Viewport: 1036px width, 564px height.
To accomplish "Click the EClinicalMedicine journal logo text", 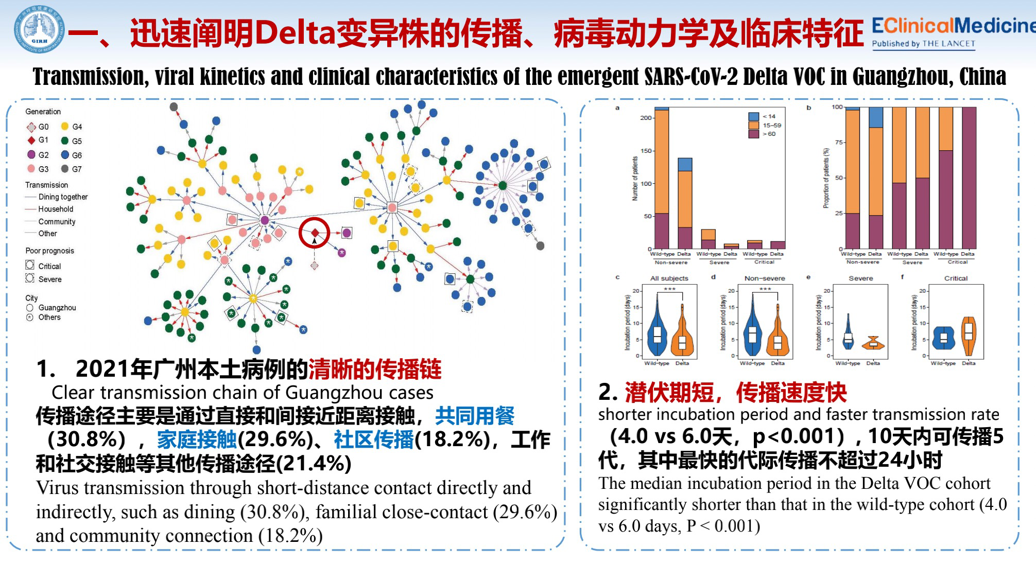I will (953, 26).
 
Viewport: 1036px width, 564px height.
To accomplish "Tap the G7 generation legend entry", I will (71, 169).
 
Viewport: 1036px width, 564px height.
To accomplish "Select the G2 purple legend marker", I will (31, 155).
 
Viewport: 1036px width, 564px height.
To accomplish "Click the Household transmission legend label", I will (56, 209).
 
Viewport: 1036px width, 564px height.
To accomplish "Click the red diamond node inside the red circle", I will (315, 233).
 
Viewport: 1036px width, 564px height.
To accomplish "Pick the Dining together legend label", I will (63, 197).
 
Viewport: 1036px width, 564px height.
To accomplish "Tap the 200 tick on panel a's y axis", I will (646, 118).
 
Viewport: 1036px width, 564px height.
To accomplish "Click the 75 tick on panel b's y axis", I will (839, 143).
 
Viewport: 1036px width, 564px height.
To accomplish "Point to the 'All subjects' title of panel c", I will (669, 278).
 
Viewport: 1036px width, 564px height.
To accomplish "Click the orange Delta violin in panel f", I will (969, 336).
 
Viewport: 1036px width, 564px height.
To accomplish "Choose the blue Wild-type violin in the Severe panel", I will (848, 334).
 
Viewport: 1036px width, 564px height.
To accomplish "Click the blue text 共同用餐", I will (474, 416).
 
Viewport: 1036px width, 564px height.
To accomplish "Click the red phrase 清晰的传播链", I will (374, 369).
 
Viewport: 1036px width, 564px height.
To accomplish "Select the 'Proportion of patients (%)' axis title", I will (826, 178).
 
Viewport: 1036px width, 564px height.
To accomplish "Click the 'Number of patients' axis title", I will (635, 178).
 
